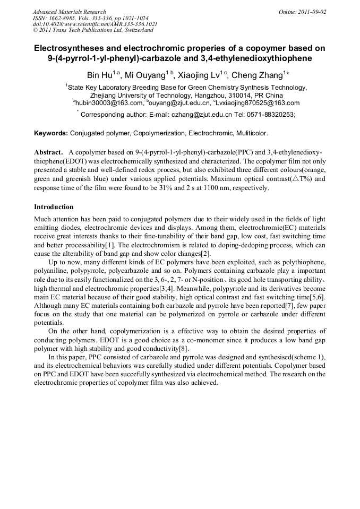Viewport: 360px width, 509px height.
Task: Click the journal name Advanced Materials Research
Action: tap(69, 12)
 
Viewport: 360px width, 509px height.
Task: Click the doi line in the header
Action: tap(95, 24)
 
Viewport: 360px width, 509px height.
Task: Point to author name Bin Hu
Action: tap(101, 75)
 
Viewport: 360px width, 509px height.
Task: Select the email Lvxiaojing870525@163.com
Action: tap(257, 103)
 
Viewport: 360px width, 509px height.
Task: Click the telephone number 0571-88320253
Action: tap(269, 114)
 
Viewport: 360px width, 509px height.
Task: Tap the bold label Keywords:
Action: tap(50, 133)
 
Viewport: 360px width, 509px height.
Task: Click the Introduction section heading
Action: tap(54, 206)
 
